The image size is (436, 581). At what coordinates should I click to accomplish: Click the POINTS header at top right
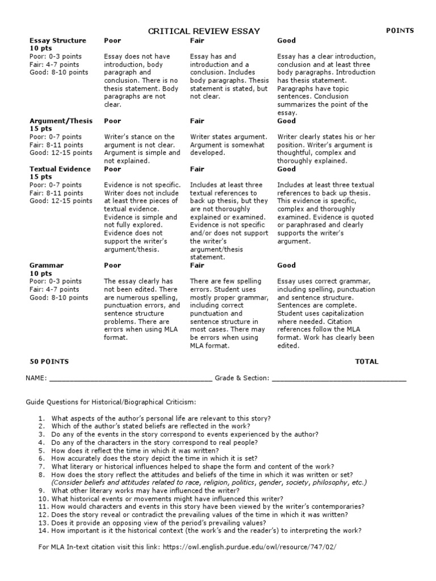[x=400, y=31]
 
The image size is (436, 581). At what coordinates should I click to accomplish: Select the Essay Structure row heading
[x=58, y=40]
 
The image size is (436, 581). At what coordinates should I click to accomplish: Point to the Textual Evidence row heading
[x=60, y=169]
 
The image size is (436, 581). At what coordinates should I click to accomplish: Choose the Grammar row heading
[x=47, y=265]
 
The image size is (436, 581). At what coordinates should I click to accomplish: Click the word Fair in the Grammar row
[x=197, y=265]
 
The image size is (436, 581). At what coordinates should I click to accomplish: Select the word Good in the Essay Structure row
[x=286, y=40]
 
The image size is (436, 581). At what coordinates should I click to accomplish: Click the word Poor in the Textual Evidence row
[x=113, y=169]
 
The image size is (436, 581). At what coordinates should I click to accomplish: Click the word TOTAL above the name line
[x=366, y=361]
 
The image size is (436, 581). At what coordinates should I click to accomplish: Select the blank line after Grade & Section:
[x=339, y=378]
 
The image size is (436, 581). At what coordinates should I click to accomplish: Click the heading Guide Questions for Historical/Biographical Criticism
[x=111, y=402]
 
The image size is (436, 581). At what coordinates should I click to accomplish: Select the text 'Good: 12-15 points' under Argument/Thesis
[x=61, y=153]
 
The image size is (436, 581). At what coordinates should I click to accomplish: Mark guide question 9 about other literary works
[x=145, y=490]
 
